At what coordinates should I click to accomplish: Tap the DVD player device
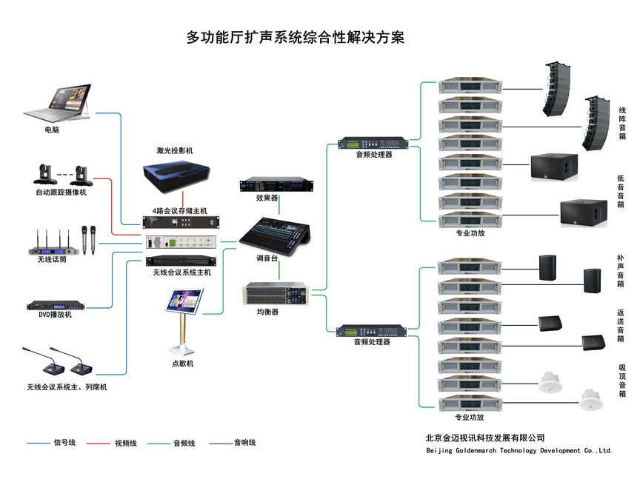pyautogui.click(x=56, y=305)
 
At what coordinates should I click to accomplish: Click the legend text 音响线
pyautogui.click(x=244, y=443)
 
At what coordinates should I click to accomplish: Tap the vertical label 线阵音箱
pyautogui.click(x=622, y=122)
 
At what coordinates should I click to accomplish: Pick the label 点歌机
pyautogui.click(x=182, y=364)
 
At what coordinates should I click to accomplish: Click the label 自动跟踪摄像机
pyautogui.click(x=61, y=193)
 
